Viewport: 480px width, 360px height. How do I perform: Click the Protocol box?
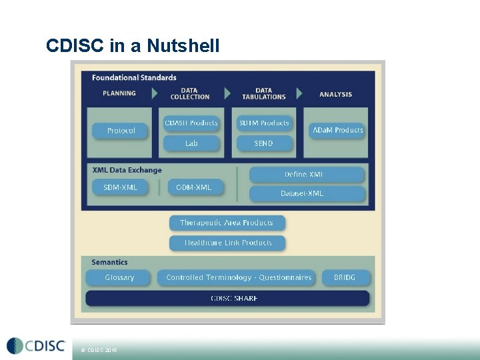coord(121,131)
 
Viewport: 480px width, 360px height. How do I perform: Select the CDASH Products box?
coord(191,123)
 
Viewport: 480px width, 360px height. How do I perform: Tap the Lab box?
coord(191,143)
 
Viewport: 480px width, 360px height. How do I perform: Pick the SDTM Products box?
coord(264,123)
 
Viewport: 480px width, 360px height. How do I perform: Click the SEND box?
coord(264,143)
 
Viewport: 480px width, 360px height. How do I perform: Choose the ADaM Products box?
coord(338,130)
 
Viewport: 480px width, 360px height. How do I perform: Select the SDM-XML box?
coord(121,187)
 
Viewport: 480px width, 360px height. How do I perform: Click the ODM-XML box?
coord(193,187)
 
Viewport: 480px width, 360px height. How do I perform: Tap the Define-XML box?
coord(307,175)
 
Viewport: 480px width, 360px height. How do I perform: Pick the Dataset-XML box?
coord(307,193)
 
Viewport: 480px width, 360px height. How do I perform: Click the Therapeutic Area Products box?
coord(227,223)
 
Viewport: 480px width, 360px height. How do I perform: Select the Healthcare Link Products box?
coord(227,243)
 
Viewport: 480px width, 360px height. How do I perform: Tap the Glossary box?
coord(119,277)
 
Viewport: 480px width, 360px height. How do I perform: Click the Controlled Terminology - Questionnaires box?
coord(239,277)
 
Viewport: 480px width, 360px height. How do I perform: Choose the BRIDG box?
coord(344,277)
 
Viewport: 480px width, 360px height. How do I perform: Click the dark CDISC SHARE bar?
coord(227,298)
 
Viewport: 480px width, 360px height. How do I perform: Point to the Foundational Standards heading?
coord(134,78)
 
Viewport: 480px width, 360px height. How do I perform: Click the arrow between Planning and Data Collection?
coord(155,93)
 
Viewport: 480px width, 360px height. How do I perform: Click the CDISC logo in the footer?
coord(36,345)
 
